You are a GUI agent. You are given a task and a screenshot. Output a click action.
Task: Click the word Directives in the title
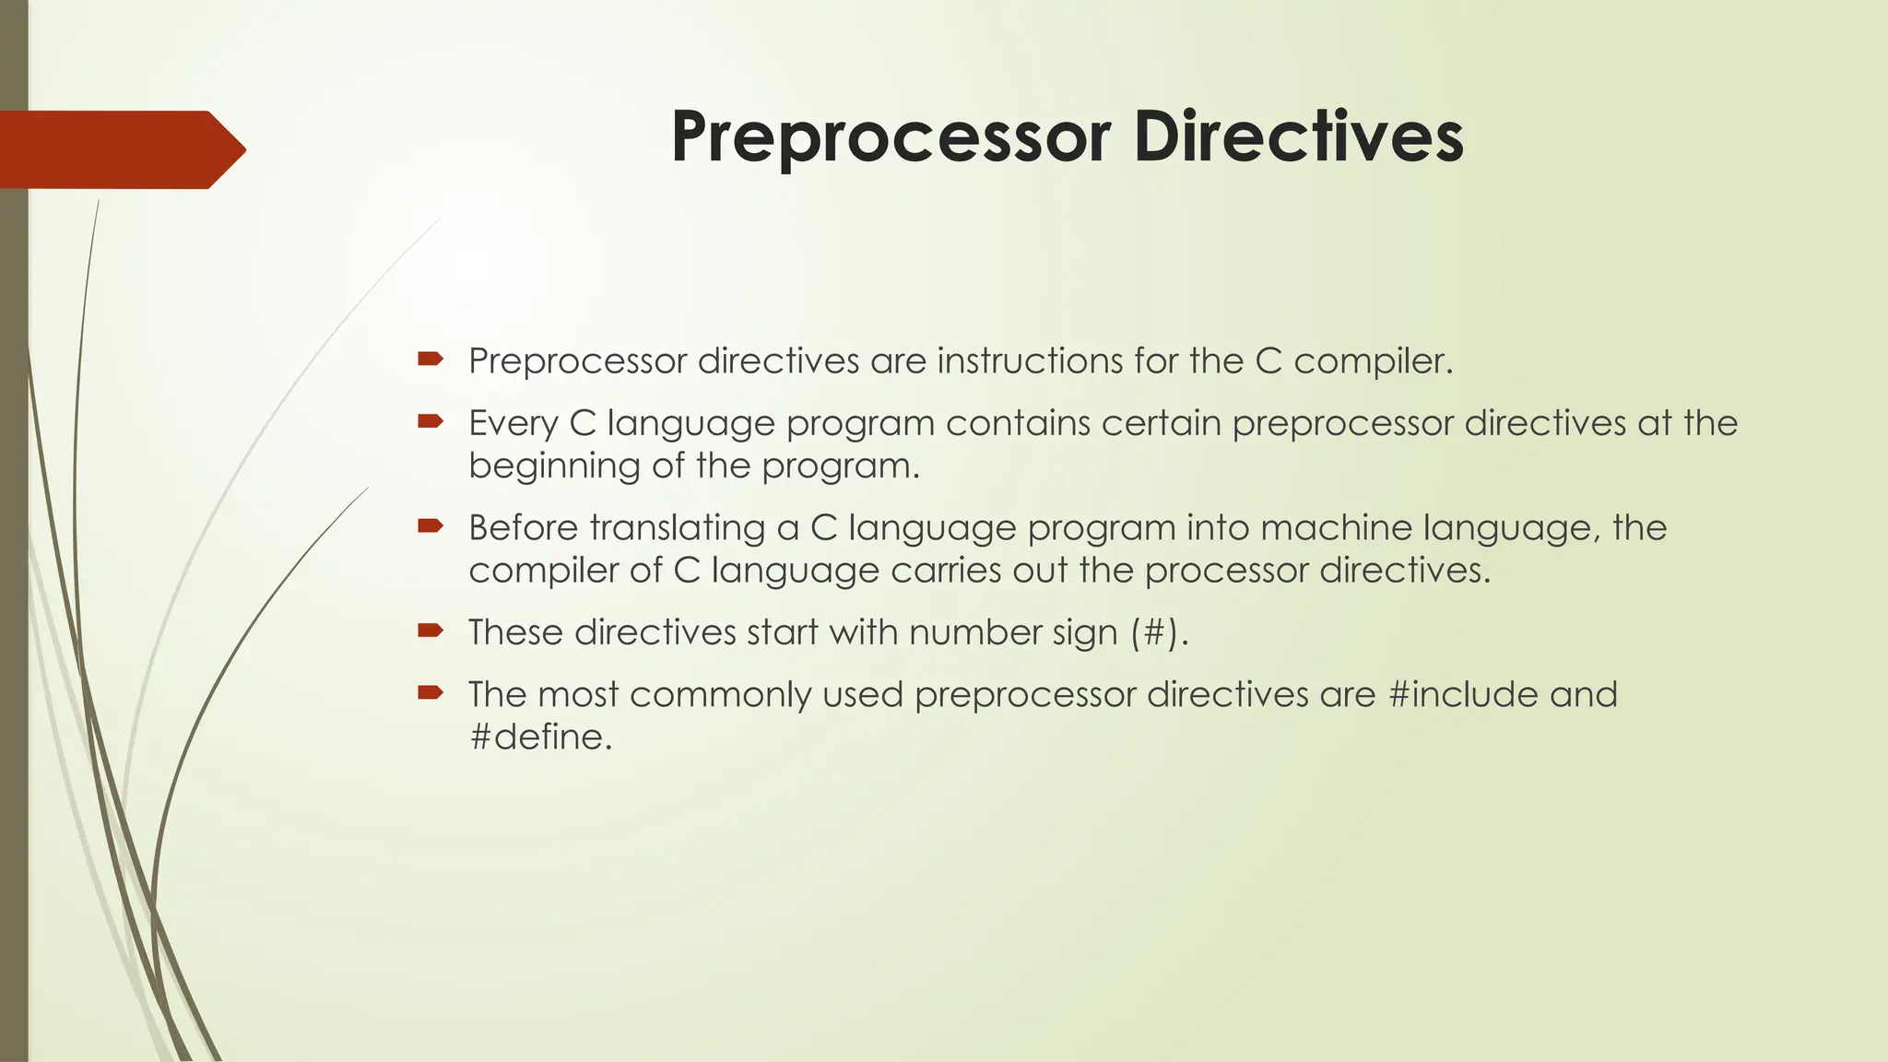pos(1298,136)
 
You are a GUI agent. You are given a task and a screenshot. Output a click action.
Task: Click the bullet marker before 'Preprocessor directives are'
pos(430,359)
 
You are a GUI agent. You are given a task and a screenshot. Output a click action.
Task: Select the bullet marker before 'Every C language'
pos(430,421)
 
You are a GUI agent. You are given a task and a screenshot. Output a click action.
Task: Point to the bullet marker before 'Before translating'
pos(430,525)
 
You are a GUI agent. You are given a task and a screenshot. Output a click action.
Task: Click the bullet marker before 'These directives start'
pos(430,630)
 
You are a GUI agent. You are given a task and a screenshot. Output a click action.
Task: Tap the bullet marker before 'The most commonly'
pos(430,691)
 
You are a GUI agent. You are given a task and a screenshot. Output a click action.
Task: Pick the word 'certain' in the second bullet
pos(1161,423)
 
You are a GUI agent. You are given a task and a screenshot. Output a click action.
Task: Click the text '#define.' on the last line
pos(540,737)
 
